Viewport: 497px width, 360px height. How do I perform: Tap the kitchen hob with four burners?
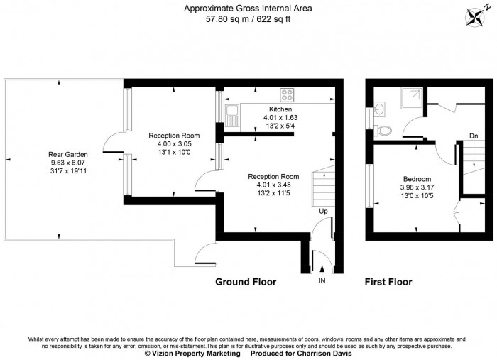pos(288,95)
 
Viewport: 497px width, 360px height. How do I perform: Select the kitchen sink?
pos(232,111)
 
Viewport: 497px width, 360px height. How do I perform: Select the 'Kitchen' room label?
pos(280,109)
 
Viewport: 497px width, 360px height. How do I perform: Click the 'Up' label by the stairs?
pos(323,211)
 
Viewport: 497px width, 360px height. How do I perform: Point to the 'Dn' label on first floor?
pos(474,136)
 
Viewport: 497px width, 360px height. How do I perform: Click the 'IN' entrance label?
pos(322,283)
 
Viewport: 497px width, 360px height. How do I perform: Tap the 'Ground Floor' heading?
pos(246,282)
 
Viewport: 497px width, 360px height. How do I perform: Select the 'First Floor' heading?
pos(388,282)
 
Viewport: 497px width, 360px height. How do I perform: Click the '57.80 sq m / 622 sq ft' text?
pos(248,19)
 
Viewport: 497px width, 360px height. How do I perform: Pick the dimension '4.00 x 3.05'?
pos(174,143)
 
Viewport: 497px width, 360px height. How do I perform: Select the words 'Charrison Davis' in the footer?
pos(330,354)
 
